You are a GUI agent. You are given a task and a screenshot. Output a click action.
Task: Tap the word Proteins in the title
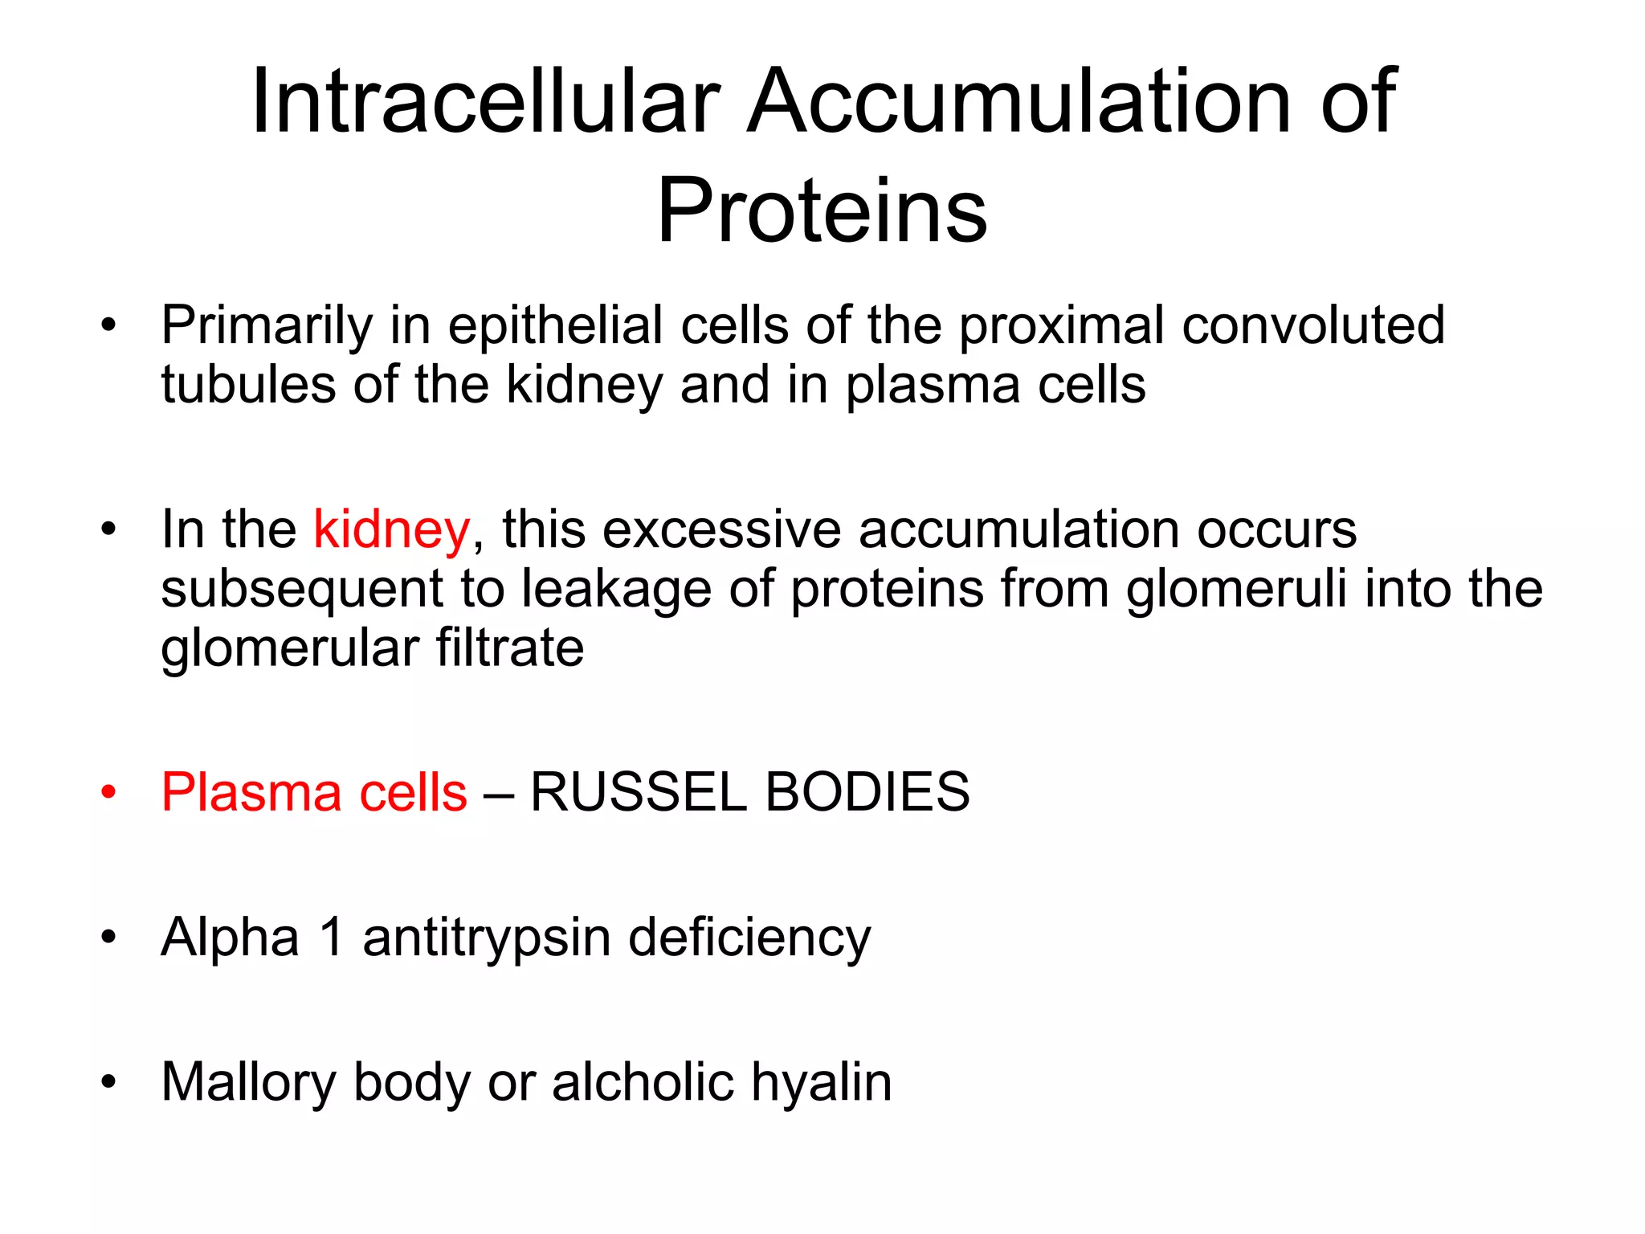coord(822,210)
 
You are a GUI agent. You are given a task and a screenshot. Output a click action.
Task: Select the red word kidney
coord(391,530)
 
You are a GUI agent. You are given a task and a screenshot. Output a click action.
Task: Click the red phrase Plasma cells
coord(314,793)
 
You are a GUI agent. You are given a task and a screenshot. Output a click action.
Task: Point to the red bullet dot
coord(108,793)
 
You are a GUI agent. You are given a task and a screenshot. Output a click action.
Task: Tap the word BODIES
coord(867,793)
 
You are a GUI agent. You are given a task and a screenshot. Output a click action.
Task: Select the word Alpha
coord(231,937)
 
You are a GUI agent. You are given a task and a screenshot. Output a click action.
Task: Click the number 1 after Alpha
coord(332,937)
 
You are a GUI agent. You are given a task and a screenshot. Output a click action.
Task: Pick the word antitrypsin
coord(487,938)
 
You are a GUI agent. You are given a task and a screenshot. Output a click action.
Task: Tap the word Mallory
coord(248,1083)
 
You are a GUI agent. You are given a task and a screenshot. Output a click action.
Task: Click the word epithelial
coord(555,327)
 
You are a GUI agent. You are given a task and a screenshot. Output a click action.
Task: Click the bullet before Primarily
coord(108,325)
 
